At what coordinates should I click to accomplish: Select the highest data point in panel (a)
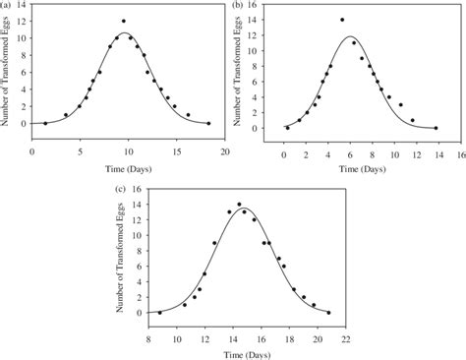coord(123,21)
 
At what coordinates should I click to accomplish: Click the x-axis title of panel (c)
coord(244,350)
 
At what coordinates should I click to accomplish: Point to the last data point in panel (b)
coord(437,128)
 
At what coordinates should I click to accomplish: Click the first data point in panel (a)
coord(45,123)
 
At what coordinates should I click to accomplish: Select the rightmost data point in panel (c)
coord(329,313)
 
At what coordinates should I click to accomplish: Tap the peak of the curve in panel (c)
coord(242,208)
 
